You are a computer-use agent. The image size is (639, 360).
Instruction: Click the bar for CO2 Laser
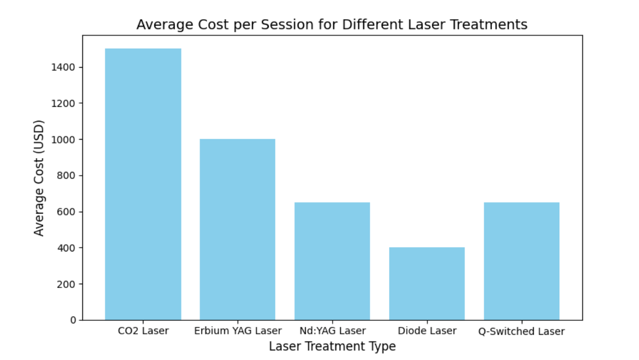pyautogui.click(x=143, y=184)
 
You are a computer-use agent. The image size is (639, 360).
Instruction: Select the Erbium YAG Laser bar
pyautogui.click(x=238, y=230)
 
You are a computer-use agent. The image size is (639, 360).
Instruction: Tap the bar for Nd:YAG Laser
pyautogui.click(x=332, y=261)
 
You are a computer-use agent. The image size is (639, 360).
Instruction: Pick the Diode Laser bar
pyautogui.click(x=427, y=284)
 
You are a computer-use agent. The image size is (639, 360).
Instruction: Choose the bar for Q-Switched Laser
pyautogui.click(x=521, y=261)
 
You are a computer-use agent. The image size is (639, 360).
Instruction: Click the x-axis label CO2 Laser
pyautogui.click(x=143, y=331)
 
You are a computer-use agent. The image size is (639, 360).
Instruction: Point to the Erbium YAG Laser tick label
pyautogui.click(x=238, y=331)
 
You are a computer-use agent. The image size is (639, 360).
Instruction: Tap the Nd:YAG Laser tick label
pyautogui.click(x=332, y=331)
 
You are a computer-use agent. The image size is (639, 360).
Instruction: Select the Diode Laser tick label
pyautogui.click(x=427, y=331)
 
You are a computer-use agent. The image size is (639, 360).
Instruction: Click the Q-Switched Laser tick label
pyautogui.click(x=521, y=331)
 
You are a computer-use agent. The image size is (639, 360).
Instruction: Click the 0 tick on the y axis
pyautogui.click(x=74, y=320)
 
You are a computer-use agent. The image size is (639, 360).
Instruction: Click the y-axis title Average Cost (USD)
pyautogui.click(x=39, y=178)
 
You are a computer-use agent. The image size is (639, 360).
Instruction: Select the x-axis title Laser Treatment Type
pyautogui.click(x=332, y=346)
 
